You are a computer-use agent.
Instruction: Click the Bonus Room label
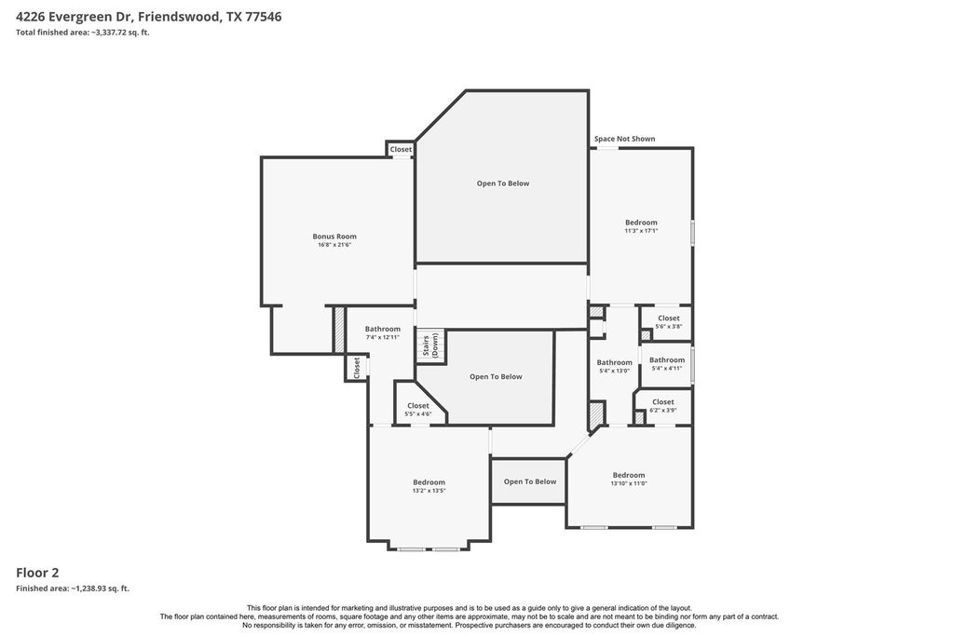tap(334, 237)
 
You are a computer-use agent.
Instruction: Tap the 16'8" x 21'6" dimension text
tap(334, 245)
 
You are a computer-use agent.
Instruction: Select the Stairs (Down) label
tap(430, 345)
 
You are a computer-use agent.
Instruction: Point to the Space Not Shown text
tap(625, 139)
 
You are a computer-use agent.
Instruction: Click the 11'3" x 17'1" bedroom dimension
tap(641, 231)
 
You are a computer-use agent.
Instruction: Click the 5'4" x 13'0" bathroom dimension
tap(615, 371)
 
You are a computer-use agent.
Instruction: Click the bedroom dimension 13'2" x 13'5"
tap(429, 491)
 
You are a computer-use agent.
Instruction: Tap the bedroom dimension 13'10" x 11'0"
tap(629, 484)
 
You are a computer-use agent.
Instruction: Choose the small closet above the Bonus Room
tap(401, 149)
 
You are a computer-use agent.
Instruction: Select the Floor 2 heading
tap(37, 572)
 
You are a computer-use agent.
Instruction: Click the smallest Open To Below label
tap(530, 481)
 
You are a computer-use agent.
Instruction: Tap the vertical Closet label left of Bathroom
tap(357, 367)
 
